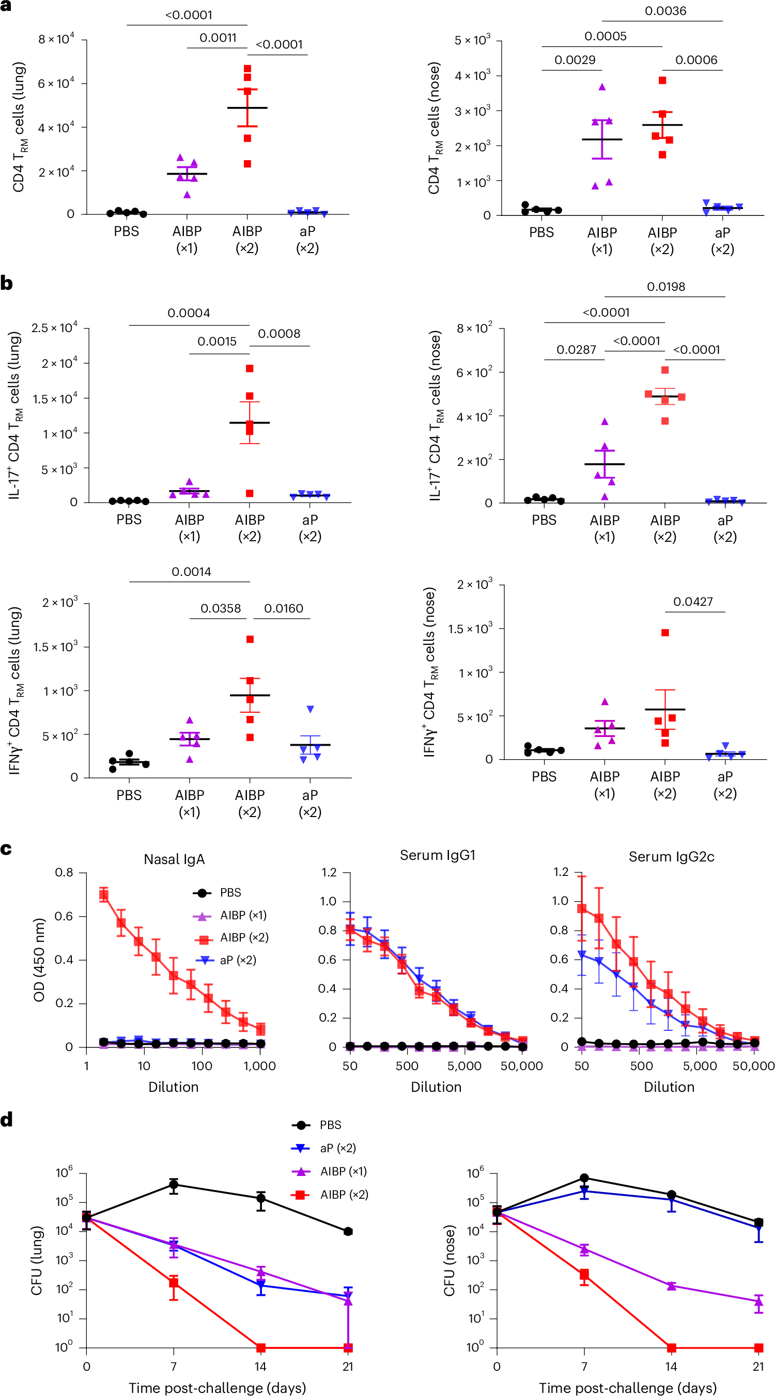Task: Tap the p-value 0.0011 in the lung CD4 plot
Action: [218, 38]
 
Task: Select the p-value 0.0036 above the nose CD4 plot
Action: [665, 11]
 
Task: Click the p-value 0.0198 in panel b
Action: [665, 287]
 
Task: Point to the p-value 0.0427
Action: [693, 602]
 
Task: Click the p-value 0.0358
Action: [220, 608]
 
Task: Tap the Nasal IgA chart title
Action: [174, 859]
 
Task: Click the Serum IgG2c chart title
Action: [671, 857]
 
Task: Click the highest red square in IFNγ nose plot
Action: [665, 633]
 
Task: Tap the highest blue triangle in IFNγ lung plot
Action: [311, 710]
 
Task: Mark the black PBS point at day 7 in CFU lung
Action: [174, 1185]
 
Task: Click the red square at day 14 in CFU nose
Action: [672, 1348]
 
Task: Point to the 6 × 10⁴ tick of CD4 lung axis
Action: [56, 84]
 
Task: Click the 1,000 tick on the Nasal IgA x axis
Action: [260, 1066]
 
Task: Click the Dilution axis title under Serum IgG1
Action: [436, 1087]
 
